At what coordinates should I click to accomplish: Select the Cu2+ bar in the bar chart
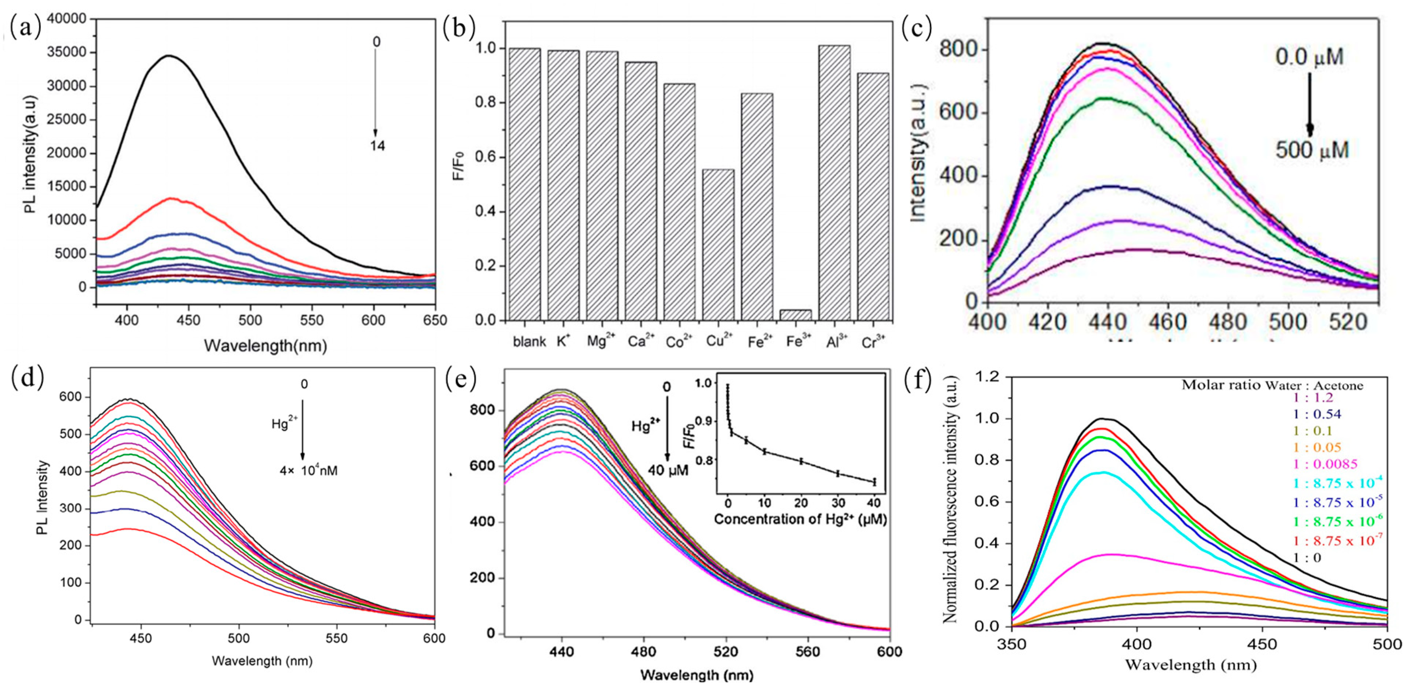pyautogui.click(x=718, y=245)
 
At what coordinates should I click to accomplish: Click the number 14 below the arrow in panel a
pyautogui.click(x=377, y=146)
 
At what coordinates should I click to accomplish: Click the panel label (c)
pyautogui.click(x=917, y=29)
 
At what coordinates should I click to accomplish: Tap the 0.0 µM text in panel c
pyautogui.click(x=1309, y=57)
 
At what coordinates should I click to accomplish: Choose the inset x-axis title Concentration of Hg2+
pyautogui.click(x=800, y=519)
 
